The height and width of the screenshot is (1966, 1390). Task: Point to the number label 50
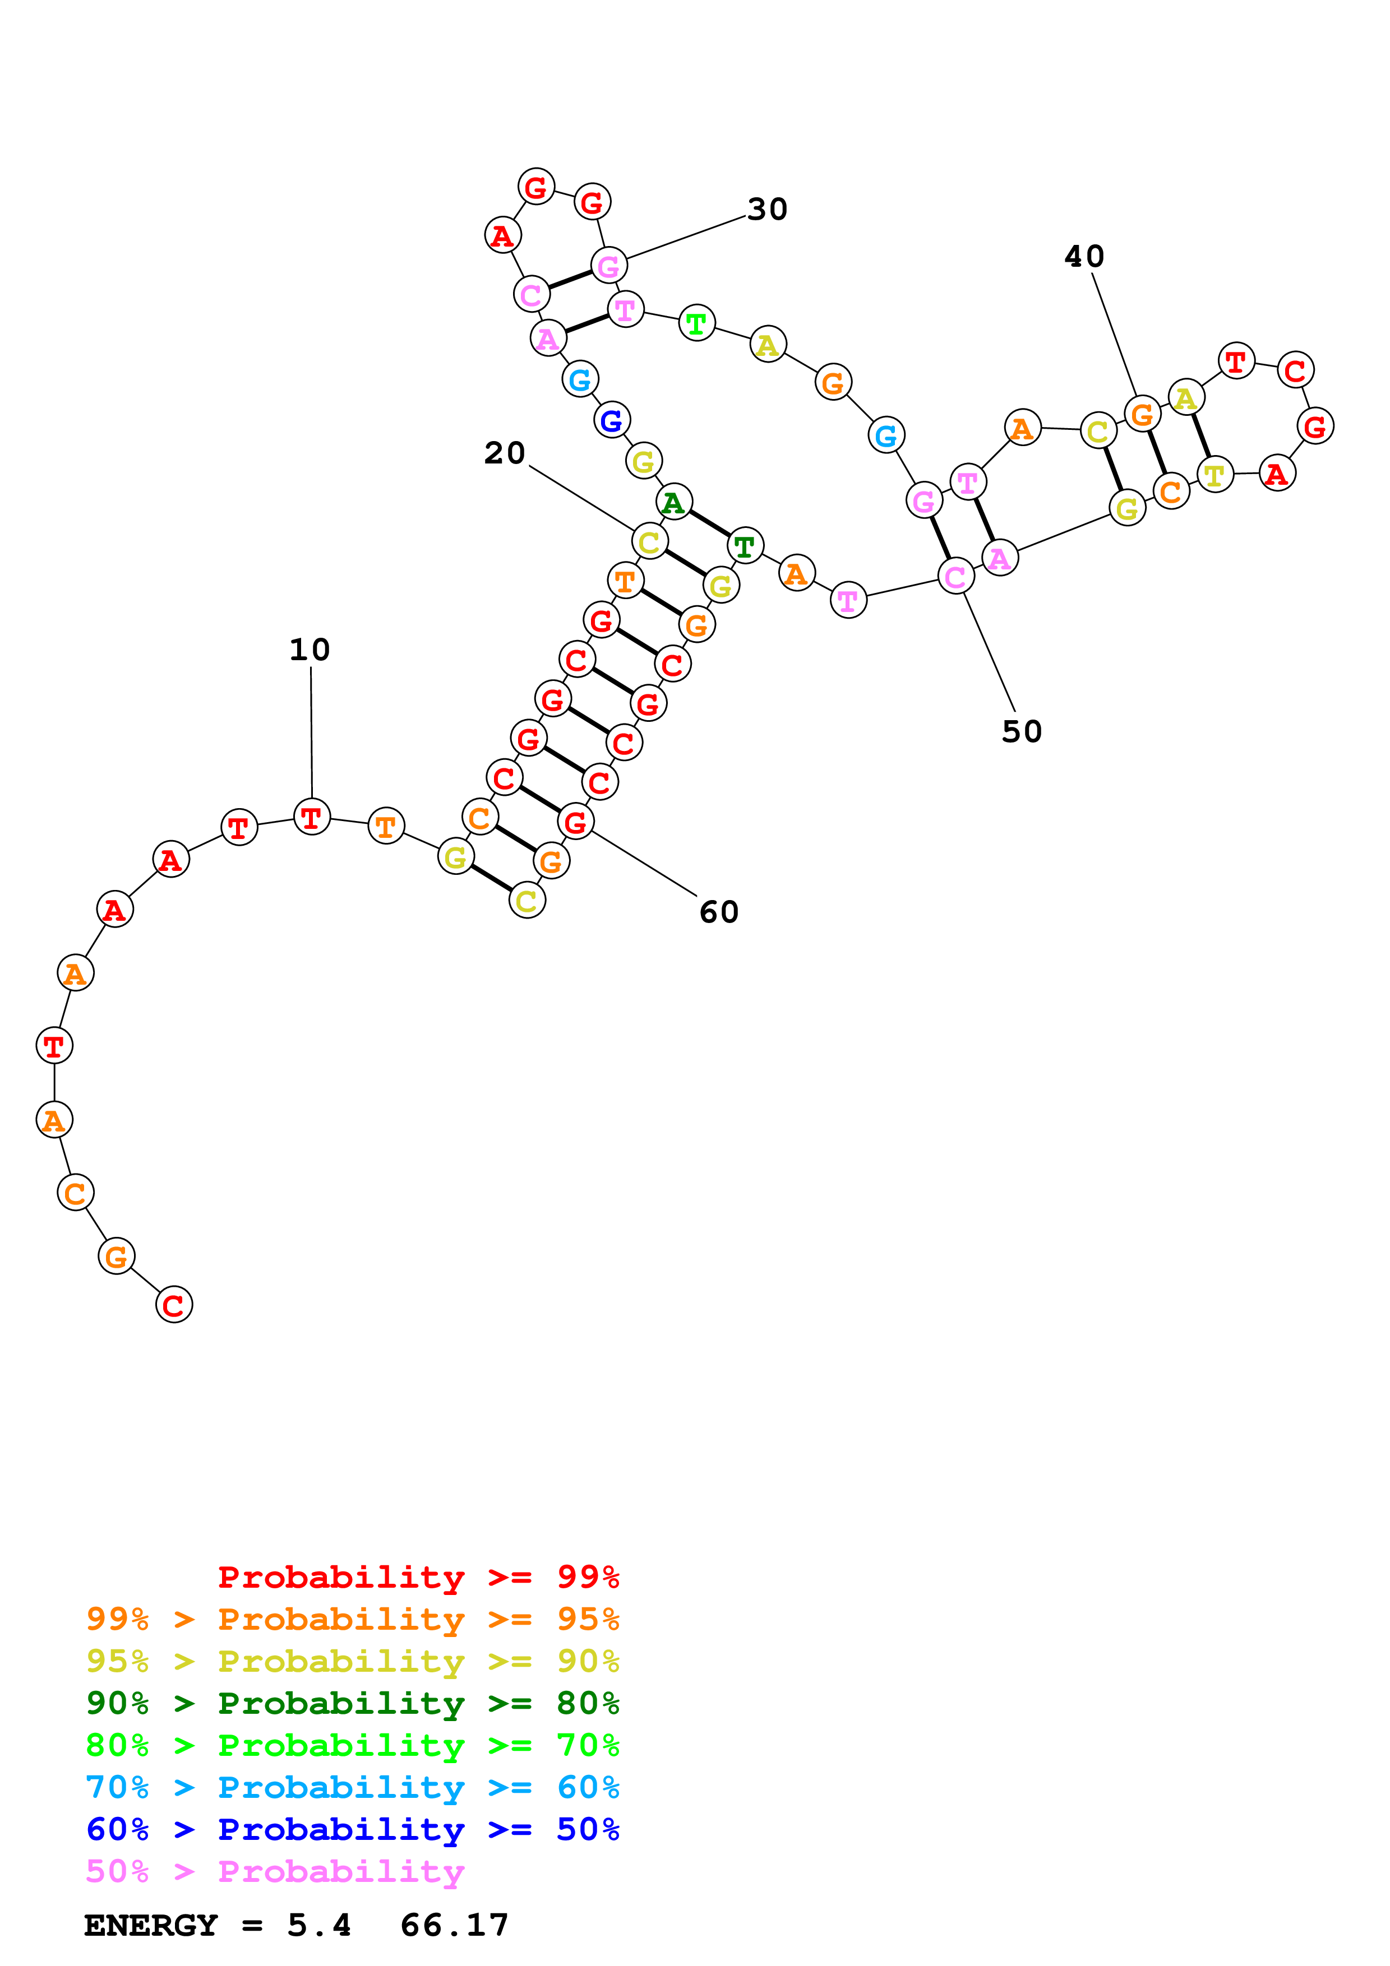click(x=1022, y=731)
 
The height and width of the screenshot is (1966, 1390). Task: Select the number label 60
click(x=719, y=912)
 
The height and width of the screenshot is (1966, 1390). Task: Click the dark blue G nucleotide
click(x=612, y=420)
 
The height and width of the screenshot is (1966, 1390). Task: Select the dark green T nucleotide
click(x=744, y=545)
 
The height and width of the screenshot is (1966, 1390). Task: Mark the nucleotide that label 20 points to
click(x=649, y=542)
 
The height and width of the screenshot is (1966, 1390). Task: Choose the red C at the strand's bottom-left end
click(x=174, y=1305)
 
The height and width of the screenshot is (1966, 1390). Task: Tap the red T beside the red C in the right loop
click(x=1235, y=361)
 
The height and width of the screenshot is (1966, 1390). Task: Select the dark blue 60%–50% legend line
click(x=353, y=1829)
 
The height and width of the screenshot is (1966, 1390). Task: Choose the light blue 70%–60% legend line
click(x=353, y=1787)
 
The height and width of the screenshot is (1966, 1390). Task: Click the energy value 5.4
click(x=318, y=1926)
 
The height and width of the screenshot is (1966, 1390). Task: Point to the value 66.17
click(x=454, y=1926)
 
